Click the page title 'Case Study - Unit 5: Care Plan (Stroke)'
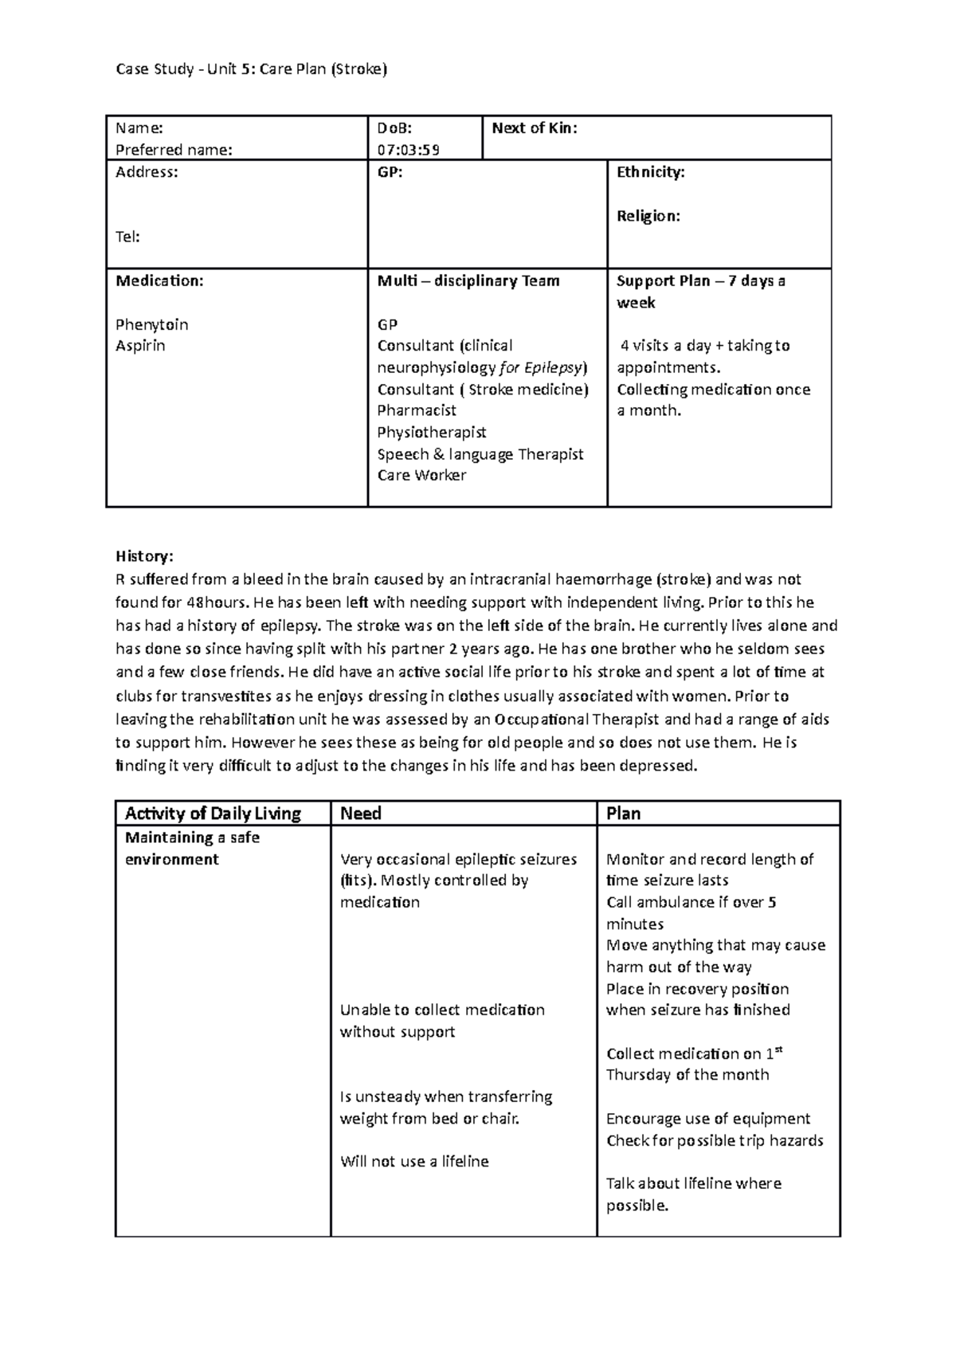tap(251, 69)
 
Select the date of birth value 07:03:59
tap(409, 149)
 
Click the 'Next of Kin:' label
tap(535, 127)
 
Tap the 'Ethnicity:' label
tap(650, 172)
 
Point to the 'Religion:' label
tap(648, 216)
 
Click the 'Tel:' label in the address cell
tap(127, 237)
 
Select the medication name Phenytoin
tap(151, 324)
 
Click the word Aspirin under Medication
tap(140, 346)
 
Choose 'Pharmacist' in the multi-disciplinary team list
tap(417, 410)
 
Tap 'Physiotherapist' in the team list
tap(432, 432)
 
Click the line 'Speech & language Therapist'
tap(480, 454)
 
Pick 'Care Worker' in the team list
tap(421, 476)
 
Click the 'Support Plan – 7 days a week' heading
tap(700, 292)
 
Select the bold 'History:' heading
tap(143, 556)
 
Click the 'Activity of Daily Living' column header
tap(213, 814)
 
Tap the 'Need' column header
tap(360, 814)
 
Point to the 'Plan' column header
tap(623, 814)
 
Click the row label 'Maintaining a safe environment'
tap(192, 849)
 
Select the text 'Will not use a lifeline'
tap(414, 1162)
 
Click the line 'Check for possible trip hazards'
tap(715, 1140)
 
